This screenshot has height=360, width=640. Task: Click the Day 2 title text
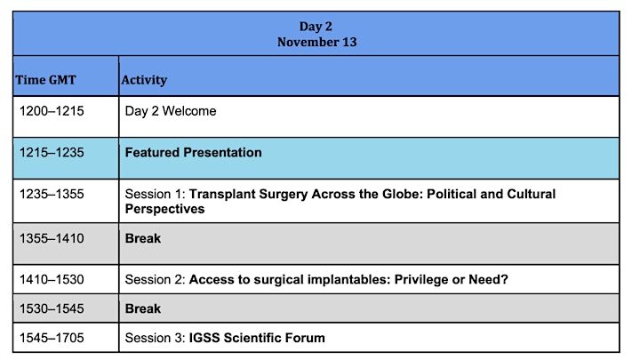coord(316,27)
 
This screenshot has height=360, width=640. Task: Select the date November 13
coord(316,42)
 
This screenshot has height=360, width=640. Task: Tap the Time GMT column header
coord(45,80)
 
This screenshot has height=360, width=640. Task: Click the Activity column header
coord(144,80)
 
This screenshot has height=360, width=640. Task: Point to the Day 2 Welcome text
coord(171,111)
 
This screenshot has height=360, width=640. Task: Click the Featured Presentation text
coord(194,153)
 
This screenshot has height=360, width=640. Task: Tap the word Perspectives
coord(165,209)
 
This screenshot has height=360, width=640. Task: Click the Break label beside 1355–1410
coord(143,238)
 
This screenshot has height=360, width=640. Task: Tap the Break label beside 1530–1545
coord(143,308)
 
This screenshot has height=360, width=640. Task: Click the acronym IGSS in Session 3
coord(204,338)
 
